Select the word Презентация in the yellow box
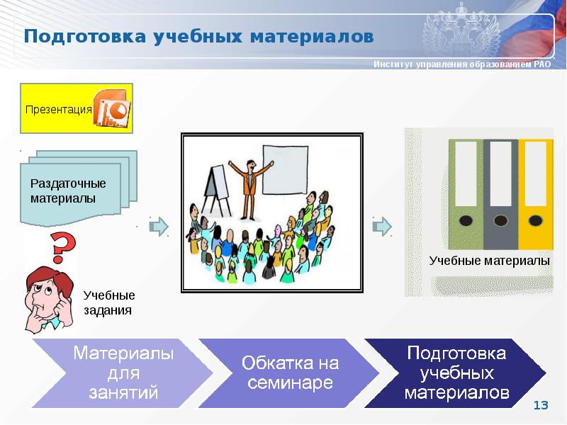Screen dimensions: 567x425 coord(59,109)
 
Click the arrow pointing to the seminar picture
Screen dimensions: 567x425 coord(159,226)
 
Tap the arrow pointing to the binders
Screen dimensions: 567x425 coord(382,226)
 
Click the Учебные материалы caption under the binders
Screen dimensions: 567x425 coord(489,261)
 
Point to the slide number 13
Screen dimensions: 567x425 coord(541,405)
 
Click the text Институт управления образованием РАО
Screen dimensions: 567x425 coord(461,65)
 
